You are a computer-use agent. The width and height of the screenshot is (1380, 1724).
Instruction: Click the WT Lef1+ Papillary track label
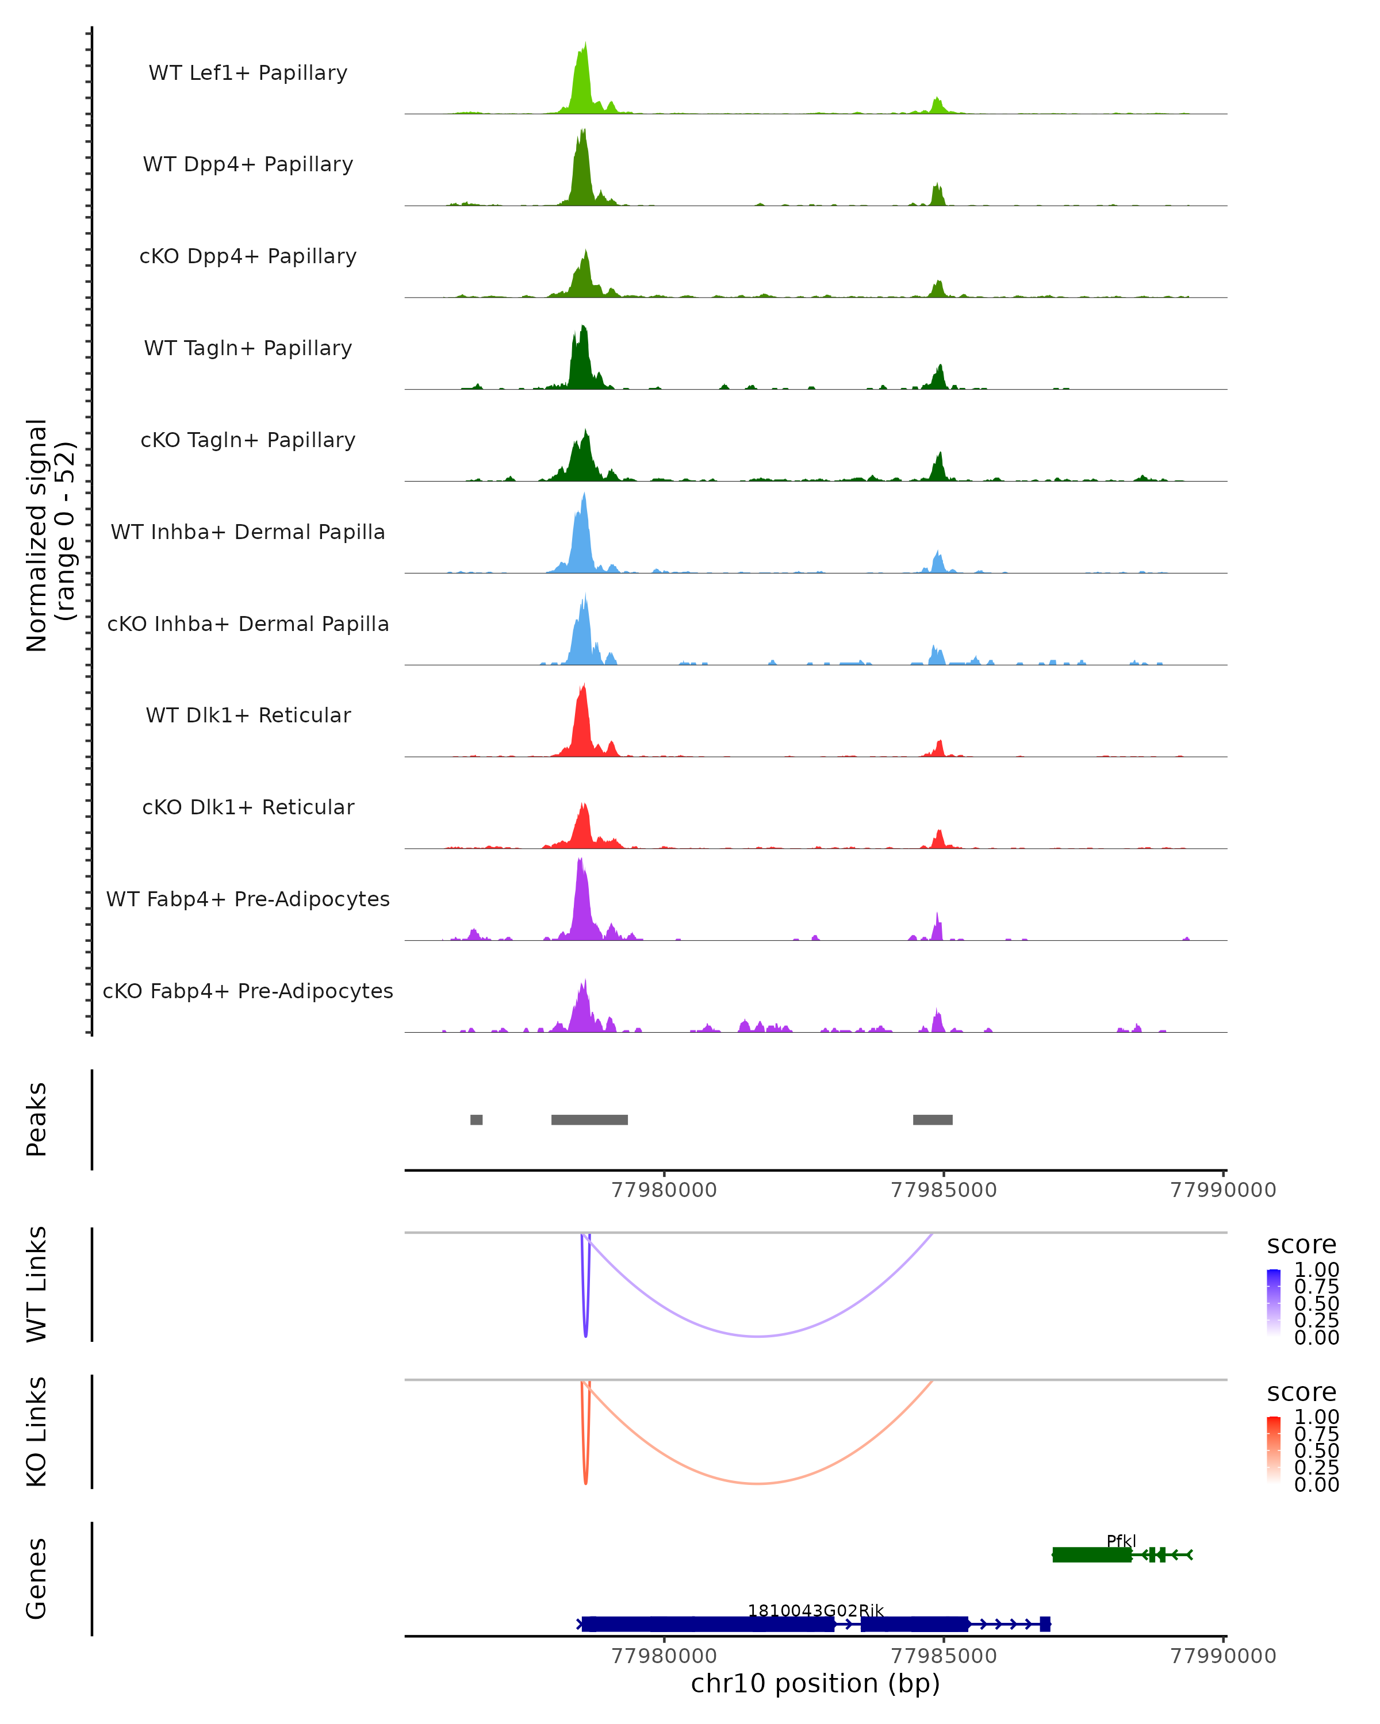[248, 73]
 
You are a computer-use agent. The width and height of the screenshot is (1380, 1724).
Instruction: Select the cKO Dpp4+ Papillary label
[248, 256]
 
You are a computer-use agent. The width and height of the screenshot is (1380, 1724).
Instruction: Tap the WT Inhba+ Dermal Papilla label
[248, 532]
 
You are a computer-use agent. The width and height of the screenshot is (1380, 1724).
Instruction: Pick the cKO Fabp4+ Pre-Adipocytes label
[248, 991]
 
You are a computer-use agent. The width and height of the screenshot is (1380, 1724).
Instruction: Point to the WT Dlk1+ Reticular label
[248, 715]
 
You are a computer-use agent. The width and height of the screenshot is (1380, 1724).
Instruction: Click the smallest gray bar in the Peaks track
[477, 1119]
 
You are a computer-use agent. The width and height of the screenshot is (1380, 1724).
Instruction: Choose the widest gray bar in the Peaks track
[589, 1119]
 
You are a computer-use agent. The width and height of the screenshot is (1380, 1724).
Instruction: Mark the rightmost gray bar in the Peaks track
[933, 1119]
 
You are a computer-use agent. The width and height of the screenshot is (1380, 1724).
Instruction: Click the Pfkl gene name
[1121, 1541]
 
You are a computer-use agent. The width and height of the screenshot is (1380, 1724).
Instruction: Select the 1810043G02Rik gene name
[815, 1610]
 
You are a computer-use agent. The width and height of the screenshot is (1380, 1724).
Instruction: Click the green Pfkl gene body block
[1092, 1554]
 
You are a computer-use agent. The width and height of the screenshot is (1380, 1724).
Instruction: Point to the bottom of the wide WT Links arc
[758, 1336]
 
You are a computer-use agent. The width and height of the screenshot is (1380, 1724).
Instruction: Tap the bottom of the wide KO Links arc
[758, 1483]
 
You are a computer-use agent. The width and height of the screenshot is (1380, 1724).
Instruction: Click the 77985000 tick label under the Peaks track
[944, 1190]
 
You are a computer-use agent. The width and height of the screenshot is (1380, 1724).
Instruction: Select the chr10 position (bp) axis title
[815, 1683]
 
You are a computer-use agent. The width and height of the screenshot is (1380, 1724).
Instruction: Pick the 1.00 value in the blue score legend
[1316, 1270]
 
